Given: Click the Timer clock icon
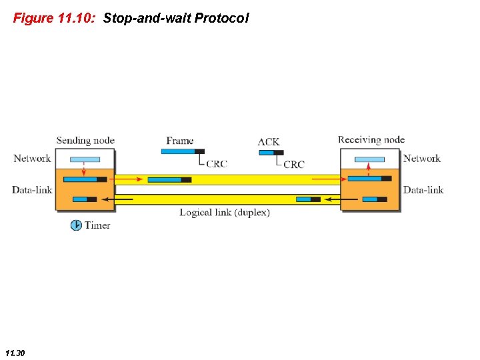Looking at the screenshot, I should click(x=76, y=225).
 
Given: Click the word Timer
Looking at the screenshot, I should click(x=97, y=225).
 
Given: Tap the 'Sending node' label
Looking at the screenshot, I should click(x=85, y=140).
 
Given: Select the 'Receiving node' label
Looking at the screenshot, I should click(x=371, y=139).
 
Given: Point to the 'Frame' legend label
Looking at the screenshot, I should click(x=180, y=141).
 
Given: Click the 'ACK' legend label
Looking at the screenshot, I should click(x=269, y=141).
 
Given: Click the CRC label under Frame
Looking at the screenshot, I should click(x=216, y=163).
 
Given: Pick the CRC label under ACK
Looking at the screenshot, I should click(x=294, y=164).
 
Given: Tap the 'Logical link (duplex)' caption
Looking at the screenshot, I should click(x=225, y=213).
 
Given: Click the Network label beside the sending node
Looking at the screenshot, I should click(x=32, y=158).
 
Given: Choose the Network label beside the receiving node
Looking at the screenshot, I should click(x=422, y=158).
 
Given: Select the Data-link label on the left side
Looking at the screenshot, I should click(x=32, y=190).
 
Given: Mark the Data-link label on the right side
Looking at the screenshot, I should click(x=423, y=190).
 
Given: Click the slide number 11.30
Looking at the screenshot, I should click(x=15, y=351).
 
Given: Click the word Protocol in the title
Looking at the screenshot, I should click(x=221, y=18).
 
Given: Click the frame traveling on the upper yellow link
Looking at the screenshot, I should click(x=169, y=179).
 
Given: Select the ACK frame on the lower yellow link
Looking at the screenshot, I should click(x=308, y=199).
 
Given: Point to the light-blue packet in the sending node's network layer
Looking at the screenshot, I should click(x=85, y=159).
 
